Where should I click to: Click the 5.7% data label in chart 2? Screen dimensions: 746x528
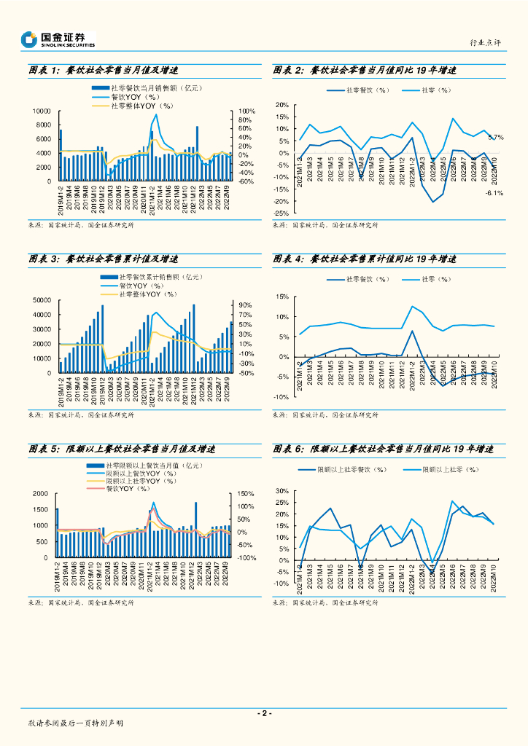[496, 137]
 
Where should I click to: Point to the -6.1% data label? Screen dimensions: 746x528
[494, 193]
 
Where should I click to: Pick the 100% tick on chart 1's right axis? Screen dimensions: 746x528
[246, 111]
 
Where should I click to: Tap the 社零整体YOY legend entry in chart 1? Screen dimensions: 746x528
[141, 106]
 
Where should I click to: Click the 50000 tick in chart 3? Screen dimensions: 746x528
[41, 300]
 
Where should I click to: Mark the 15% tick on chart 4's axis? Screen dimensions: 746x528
[283, 297]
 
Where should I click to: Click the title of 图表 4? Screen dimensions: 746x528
[365, 259]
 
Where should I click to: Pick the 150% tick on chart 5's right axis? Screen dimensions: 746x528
[246, 495]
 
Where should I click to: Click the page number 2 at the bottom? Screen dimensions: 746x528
[264, 714]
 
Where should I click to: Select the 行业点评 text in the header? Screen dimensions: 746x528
[485, 43]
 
